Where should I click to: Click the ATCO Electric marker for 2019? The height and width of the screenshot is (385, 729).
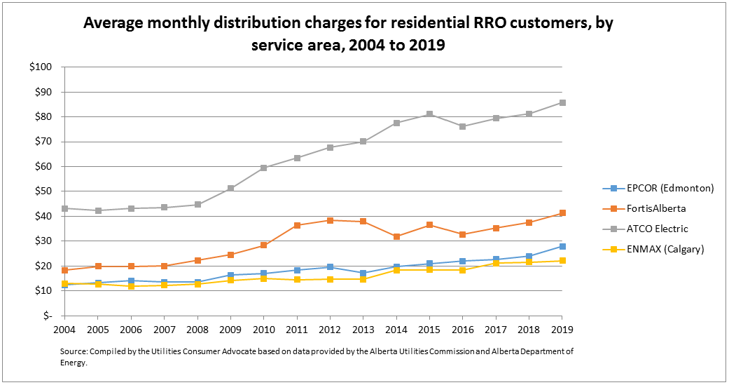coord(562,102)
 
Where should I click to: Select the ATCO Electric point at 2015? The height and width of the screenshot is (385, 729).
coord(429,114)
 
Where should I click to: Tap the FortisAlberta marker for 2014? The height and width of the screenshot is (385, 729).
coord(396,236)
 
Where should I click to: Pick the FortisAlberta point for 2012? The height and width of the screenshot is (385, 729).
coord(330,220)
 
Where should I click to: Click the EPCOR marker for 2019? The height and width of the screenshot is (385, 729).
coord(562,246)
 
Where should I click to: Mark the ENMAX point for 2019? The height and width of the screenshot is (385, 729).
coord(562,261)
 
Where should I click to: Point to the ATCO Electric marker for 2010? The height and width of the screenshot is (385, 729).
coord(263,168)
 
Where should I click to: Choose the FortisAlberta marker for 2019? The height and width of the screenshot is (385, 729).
coord(562,213)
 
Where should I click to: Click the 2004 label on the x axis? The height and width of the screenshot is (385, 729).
coord(64,328)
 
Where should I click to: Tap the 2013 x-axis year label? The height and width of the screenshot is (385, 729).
coord(363,328)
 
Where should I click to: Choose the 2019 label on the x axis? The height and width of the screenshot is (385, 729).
coord(562,328)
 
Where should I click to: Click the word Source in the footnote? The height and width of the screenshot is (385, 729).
coord(74,351)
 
